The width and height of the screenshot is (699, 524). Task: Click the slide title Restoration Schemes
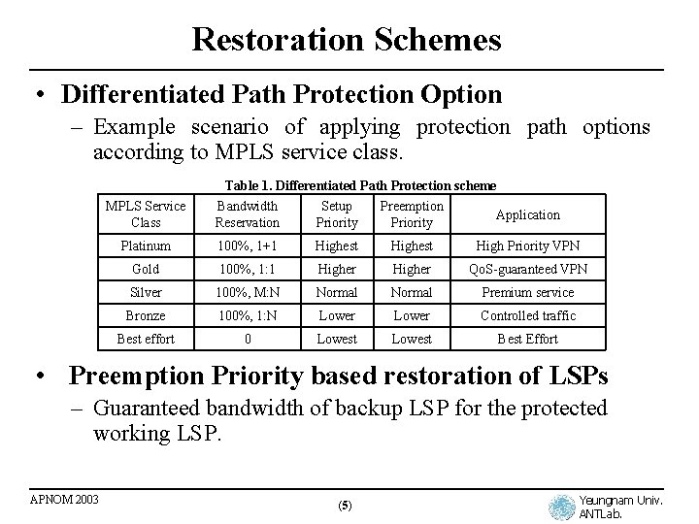347,40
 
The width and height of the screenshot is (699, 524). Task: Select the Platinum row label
146,246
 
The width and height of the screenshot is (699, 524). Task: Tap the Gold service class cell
146,269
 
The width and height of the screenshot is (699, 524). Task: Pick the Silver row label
146,292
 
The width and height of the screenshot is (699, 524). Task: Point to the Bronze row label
146,315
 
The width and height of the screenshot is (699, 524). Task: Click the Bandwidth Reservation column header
248,214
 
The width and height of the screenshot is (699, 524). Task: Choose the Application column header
527,214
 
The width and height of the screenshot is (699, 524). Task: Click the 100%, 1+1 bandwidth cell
248,246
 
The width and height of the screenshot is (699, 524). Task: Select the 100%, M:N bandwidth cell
248,292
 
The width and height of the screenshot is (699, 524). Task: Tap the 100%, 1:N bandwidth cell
248,315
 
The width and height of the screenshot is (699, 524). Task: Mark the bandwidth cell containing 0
248,339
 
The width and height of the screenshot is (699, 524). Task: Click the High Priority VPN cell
527,246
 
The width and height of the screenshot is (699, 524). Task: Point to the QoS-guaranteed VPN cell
527,269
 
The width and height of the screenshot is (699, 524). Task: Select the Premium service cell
527,292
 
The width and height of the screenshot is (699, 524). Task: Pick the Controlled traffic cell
527,315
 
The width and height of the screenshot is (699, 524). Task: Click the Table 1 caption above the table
360,185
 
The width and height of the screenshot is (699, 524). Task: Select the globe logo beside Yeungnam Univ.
561,507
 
